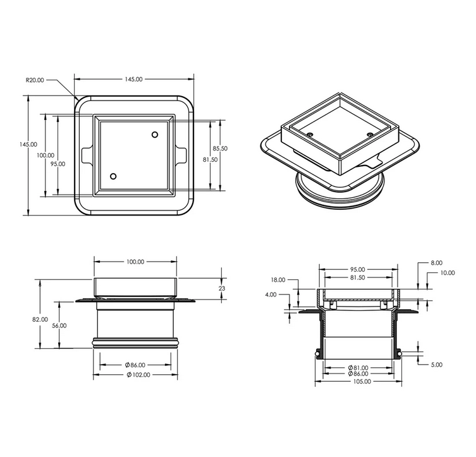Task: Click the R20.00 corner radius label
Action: tap(35, 80)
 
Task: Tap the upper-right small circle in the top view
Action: tap(155, 135)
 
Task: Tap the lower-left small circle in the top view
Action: tap(113, 176)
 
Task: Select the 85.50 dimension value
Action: tap(220, 149)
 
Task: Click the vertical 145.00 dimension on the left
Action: tap(28, 145)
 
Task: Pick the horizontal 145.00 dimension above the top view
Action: tap(133, 80)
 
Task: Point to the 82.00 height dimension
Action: tap(40, 320)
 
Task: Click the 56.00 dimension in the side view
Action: tap(59, 326)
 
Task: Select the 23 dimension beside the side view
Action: tap(222, 288)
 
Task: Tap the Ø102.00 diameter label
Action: tap(138, 375)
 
